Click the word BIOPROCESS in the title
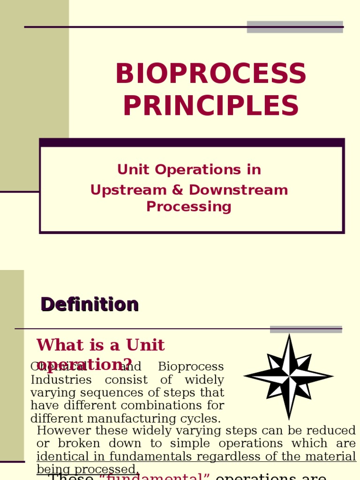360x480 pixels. click(210, 74)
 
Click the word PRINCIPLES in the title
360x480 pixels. click(210, 106)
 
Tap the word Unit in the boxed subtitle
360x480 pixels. click(132, 170)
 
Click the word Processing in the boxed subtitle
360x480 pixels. click(189, 207)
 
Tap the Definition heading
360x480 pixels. click(90, 305)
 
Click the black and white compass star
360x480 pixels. click(289, 376)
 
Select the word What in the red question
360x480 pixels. click(56, 345)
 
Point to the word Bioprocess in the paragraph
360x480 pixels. click(191, 367)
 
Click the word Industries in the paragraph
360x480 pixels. click(61, 380)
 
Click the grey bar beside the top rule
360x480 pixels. click(295, 27)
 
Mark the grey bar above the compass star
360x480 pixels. click(306, 329)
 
